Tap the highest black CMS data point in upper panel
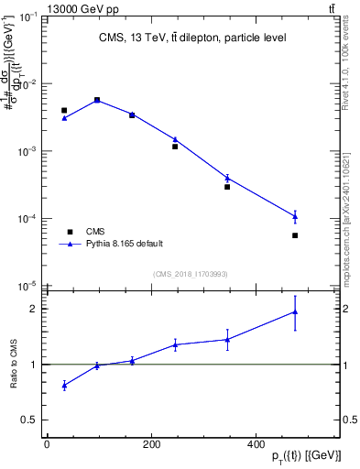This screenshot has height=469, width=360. (x=97, y=100)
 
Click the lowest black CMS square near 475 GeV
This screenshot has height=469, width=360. (x=295, y=235)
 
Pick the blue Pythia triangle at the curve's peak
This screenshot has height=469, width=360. (x=97, y=100)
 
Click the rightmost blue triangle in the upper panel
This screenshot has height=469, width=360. (x=295, y=216)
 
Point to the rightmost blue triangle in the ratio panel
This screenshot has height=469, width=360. (x=295, y=312)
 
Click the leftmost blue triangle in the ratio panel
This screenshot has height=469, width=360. (x=64, y=386)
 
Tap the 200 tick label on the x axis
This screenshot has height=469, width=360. (x=152, y=444)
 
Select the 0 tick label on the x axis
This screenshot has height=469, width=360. (x=47, y=444)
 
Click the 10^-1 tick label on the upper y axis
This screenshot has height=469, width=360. (x=28, y=17)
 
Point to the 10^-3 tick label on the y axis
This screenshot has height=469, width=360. (x=28, y=151)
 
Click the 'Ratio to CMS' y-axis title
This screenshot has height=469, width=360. (x=14, y=364)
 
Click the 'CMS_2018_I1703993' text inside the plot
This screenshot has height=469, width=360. (x=191, y=274)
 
